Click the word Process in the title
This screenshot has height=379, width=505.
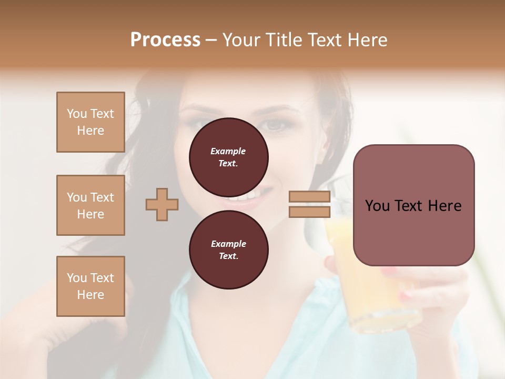pos(165,40)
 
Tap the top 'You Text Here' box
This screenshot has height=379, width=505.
pos(90,122)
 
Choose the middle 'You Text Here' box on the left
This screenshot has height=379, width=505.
pos(90,205)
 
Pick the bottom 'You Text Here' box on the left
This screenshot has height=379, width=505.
pos(90,286)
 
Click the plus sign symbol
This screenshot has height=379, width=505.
pos(162,205)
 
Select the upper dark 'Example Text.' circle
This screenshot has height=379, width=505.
pos(228,157)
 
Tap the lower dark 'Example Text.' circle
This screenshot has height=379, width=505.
pos(228,250)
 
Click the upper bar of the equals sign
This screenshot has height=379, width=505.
pos(309,197)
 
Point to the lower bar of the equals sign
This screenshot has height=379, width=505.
pos(309,212)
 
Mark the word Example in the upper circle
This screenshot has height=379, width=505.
pos(228,151)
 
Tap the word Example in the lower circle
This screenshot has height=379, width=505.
pos(228,244)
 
